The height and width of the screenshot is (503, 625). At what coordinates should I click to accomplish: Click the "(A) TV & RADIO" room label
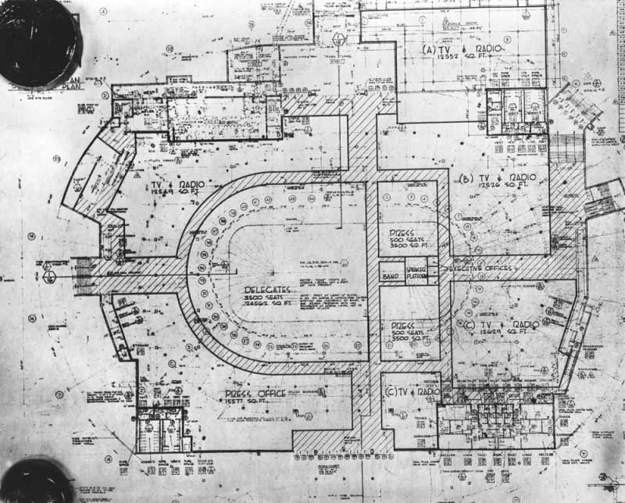tap(461, 50)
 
